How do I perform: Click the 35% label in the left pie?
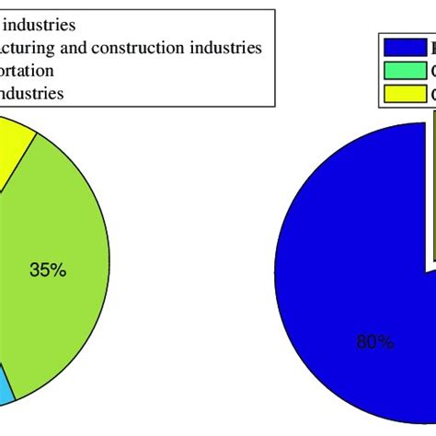coord(48,270)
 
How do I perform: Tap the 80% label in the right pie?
coord(375,342)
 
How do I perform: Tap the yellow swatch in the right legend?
coord(402,93)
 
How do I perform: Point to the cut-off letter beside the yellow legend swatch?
coord(431,93)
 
